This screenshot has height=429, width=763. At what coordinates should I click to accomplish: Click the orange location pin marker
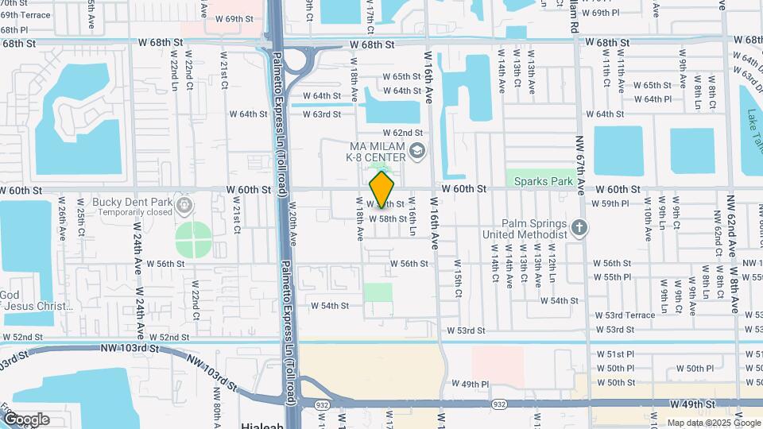coord(381,189)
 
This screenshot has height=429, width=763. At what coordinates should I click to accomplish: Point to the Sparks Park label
coord(544,181)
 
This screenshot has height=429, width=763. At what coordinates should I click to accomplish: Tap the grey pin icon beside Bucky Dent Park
coord(184,207)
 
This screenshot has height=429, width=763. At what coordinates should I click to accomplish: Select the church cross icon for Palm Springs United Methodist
coord(579,228)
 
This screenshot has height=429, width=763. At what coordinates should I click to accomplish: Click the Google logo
coord(26,419)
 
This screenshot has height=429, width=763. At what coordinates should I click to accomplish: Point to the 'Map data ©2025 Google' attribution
coord(712,422)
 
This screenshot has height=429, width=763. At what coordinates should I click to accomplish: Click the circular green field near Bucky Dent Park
coord(193,240)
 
